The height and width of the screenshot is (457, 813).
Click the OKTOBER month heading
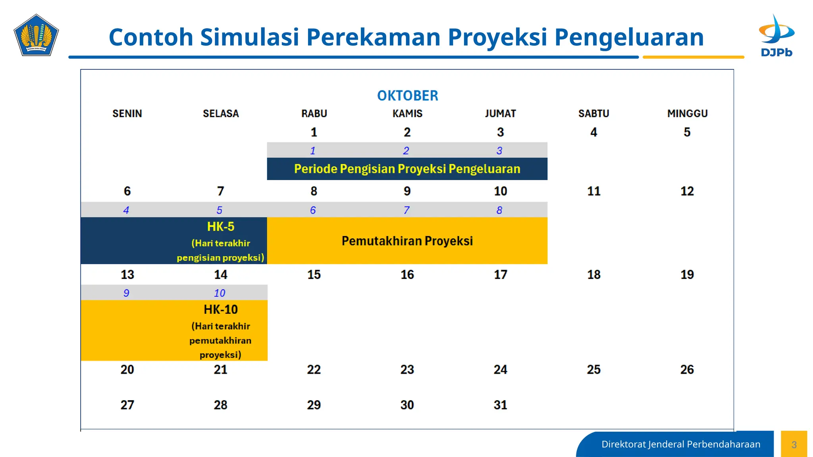point(407,96)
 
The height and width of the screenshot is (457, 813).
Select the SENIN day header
point(127,113)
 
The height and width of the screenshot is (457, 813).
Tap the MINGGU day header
point(687,113)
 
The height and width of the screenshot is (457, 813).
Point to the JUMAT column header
point(500,113)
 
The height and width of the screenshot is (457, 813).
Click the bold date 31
point(500,405)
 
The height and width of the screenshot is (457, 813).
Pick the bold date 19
point(687,275)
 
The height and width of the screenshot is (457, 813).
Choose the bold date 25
point(593,369)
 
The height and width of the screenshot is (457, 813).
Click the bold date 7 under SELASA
point(220,191)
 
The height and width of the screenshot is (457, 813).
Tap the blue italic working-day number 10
point(220,293)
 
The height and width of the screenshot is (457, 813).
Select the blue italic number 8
point(499,210)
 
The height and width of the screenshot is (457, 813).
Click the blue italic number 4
point(126,210)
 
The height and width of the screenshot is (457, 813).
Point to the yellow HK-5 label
point(221,227)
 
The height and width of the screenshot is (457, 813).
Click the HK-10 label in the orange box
point(221,309)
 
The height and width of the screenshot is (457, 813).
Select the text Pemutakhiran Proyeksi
point(407,241)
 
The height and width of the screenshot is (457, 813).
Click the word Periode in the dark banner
point(316,169)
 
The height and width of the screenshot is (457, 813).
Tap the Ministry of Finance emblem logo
point(36,35)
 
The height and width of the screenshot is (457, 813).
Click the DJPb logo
point(776,36)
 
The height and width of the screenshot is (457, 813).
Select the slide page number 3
point(794,444)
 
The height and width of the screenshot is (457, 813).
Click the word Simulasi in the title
point(249,37)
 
